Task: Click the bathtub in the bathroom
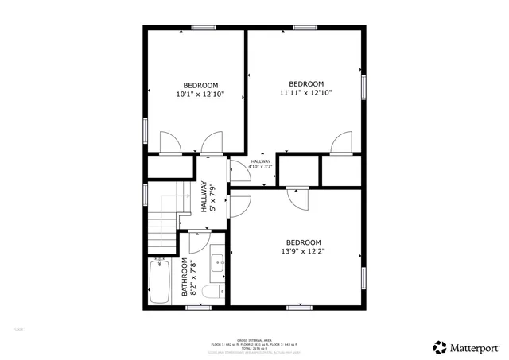coord(160,283)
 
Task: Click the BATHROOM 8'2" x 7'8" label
coord(188,277)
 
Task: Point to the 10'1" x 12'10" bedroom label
coord(200,90)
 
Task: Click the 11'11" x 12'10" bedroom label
coord(305,88)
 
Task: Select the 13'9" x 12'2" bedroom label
coord(303,246)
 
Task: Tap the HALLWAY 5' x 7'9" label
coord(207,196)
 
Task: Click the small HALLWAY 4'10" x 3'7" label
coord(260,165)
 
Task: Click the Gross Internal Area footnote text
coord(254,344)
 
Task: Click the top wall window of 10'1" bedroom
coord(204,29)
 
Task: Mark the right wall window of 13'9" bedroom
coord(364,277)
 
